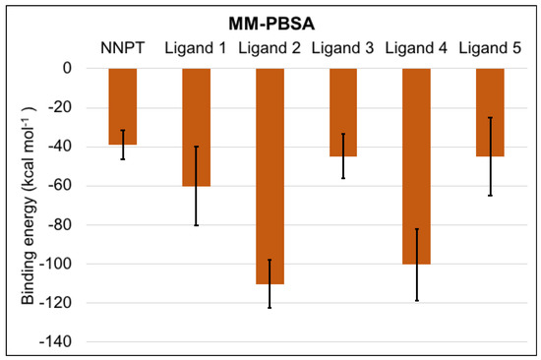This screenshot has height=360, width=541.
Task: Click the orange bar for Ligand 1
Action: coord(197,127)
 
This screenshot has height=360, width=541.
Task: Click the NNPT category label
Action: coord(123,46)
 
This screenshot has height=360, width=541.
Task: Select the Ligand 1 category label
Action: coord(197,46)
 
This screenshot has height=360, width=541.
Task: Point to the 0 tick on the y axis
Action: coord(69,69)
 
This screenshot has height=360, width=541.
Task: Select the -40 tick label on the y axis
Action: coord(61,147)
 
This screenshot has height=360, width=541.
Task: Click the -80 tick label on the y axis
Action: coord(61,225)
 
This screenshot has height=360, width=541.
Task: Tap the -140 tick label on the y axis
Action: coord(58,342)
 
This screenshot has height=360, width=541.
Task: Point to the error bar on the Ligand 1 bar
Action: coord(197,186)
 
